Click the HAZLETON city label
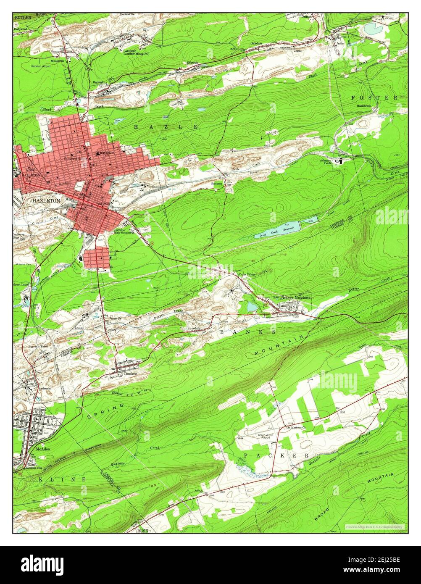pos(46,201)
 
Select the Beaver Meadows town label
pos(296,297)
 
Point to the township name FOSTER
pos(374,97)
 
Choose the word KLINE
pos(63,479)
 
